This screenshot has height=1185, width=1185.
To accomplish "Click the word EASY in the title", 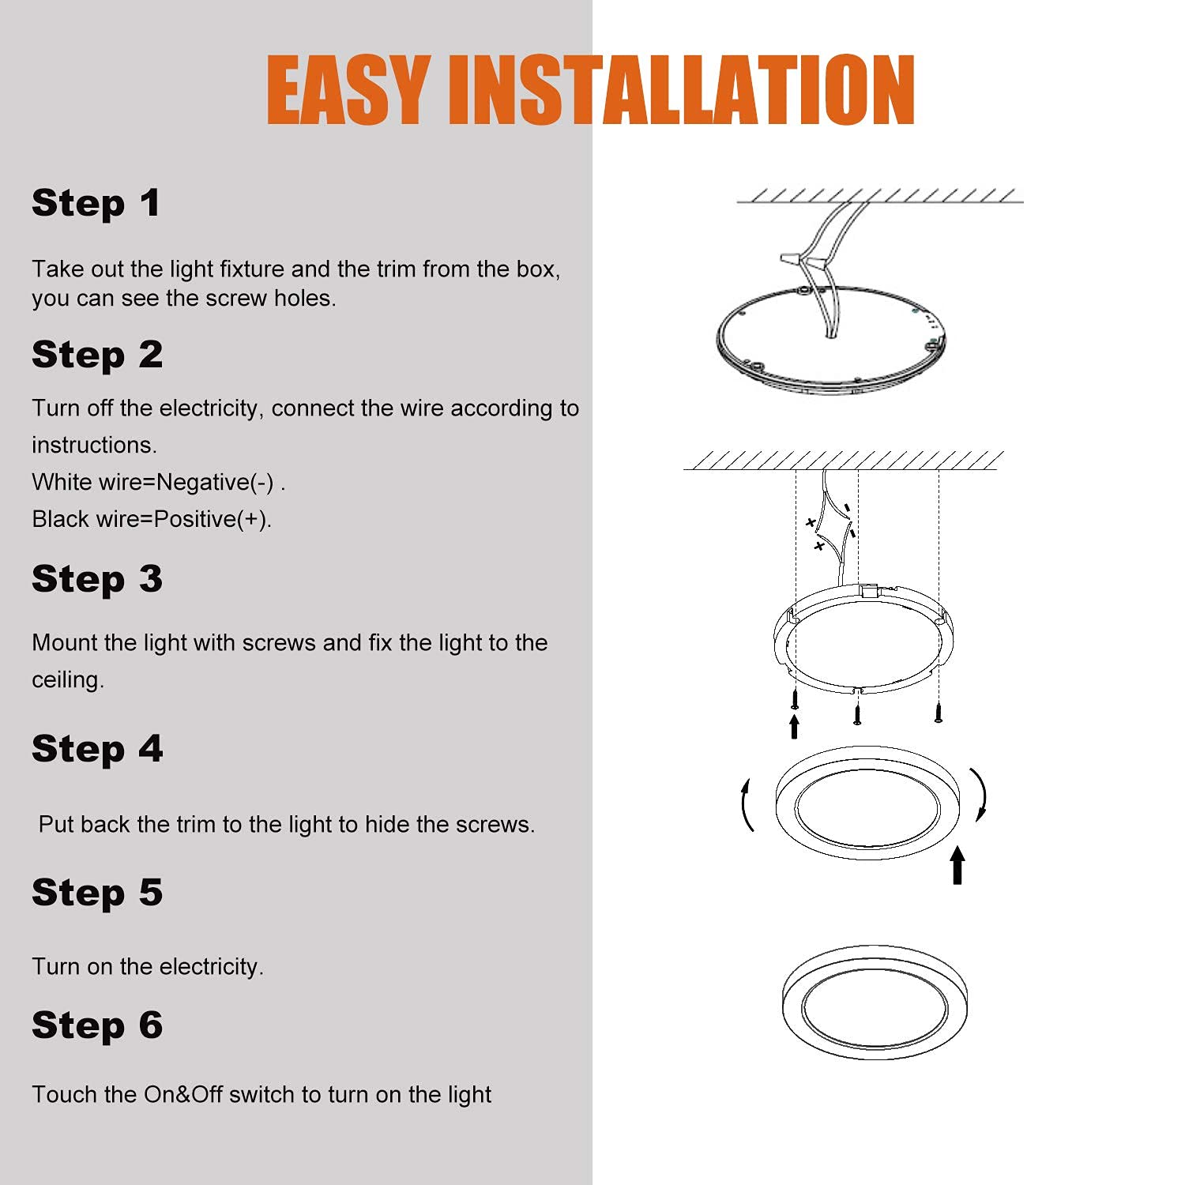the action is (x=347, y=90).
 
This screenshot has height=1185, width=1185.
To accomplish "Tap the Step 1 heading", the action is (x=96, y=203).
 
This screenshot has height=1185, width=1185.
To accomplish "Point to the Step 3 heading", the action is (x=97, y=578).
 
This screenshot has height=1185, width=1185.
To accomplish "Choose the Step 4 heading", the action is (x=97, y=748).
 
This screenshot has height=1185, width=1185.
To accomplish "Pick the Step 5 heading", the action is (x=97, y=892).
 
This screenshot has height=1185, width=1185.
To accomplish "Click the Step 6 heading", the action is (x=97, y=1025).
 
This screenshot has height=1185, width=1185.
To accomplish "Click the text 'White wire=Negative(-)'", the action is (x=153, y=482).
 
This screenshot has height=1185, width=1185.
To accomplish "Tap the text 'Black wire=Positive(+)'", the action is (x=151, y=519).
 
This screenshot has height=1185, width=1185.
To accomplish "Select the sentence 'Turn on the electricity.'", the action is (x=148, y=967).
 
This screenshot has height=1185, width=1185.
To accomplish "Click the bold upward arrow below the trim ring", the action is (x=957, y=865).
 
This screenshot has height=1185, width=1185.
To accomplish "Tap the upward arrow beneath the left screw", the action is (x=794, y=726).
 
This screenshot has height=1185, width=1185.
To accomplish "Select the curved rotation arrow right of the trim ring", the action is (x=980, y=794).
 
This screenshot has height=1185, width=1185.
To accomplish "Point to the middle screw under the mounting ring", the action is (x=857, y=714).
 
